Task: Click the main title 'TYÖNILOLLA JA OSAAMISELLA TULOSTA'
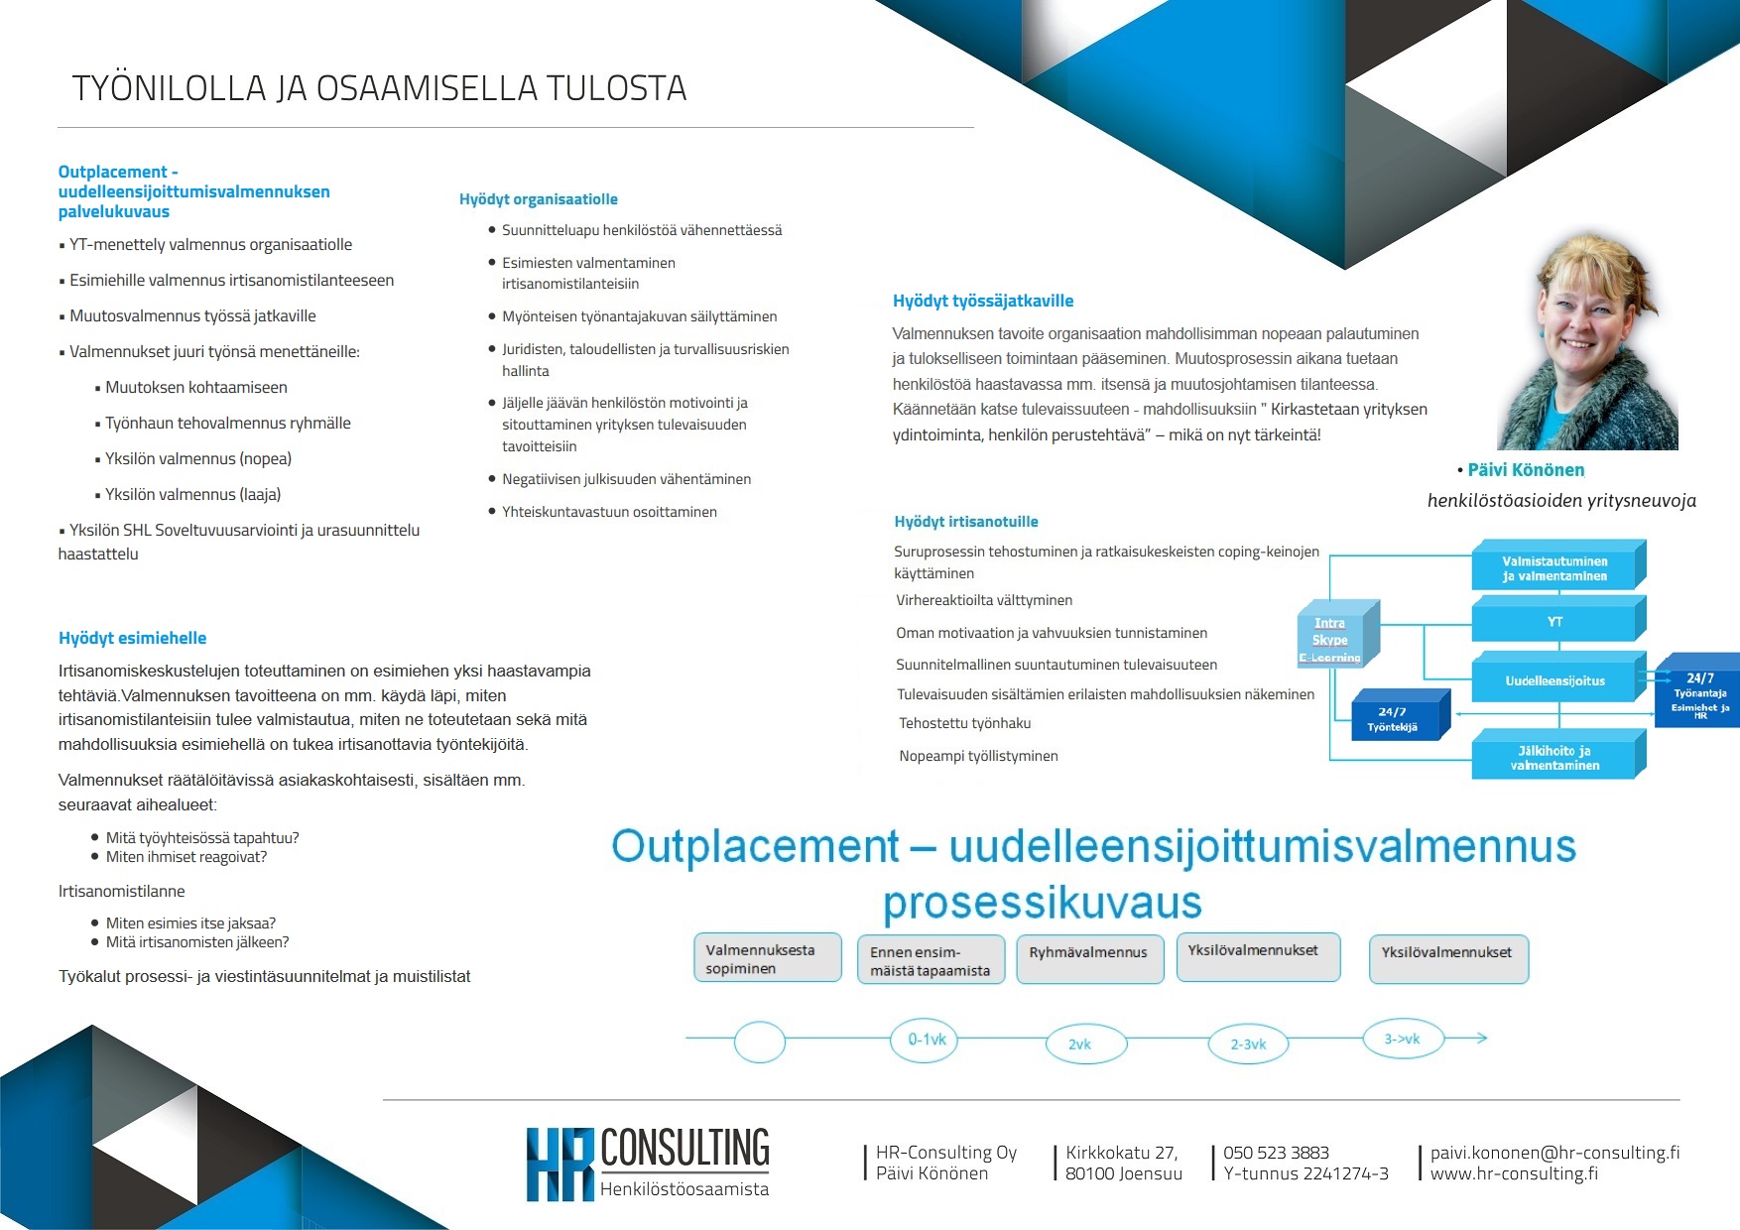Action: pos(379,88)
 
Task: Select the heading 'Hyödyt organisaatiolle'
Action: pos(538,199)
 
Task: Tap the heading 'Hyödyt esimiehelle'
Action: pos(132,638)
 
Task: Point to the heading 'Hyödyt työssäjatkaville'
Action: pos(982,301)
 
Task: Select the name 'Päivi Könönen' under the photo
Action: pos(1526,470)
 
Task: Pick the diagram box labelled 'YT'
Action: pos(1554,622)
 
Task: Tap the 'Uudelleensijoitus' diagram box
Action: pos(1554,680)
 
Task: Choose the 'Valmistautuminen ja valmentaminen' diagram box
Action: pos(1554,568)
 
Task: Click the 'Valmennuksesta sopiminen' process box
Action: pos(767,958)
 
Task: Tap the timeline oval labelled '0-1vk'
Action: pos(927,1040)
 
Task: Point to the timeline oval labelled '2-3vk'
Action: pos(1248,1044)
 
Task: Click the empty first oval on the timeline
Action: pos(760,1042)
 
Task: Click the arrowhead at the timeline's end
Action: pos(1481,1038)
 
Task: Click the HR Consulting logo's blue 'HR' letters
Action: pos(559,1164)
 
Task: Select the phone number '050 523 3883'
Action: pos(1276,1153)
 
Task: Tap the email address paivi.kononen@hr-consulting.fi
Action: pos(1554,1153)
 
